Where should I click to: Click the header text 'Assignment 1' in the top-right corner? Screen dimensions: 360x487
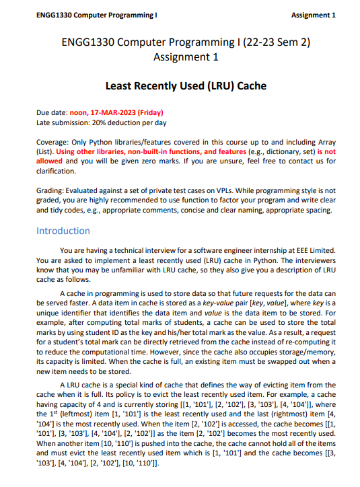[x=312, y=15]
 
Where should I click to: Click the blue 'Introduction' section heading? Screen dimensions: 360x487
[x=63, y=231]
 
